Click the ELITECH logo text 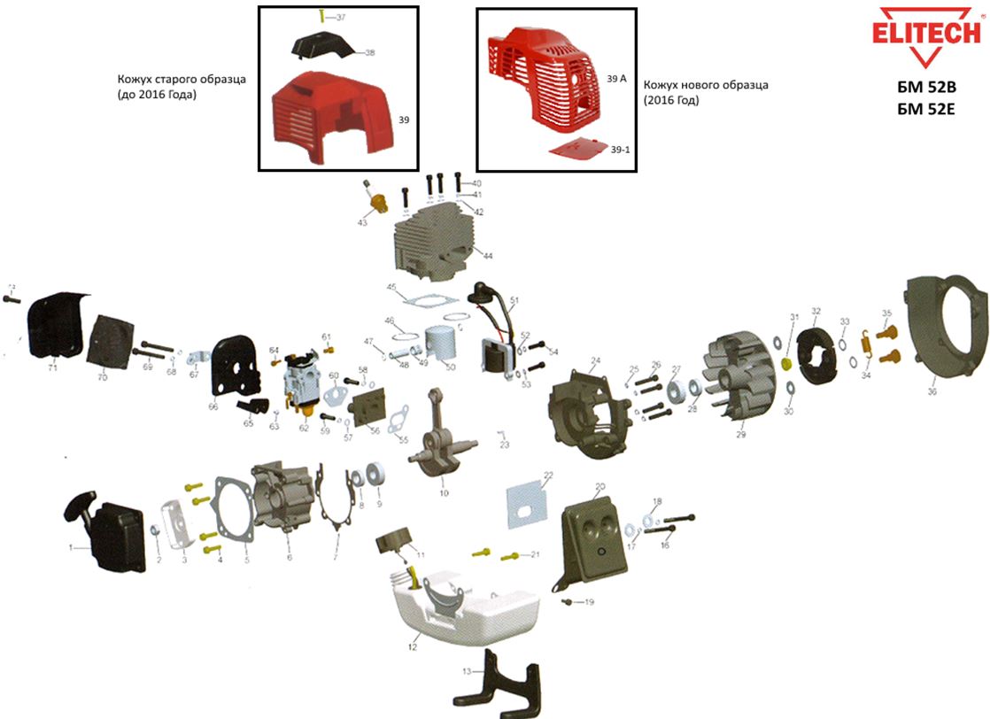pyautogui.click(x=927, y=32)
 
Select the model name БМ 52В pyautogui.click(x=927, y=88)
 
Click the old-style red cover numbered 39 pyautogui.click(x=332, y=115)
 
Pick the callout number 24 pyautogui.click(x=596, y=360)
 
